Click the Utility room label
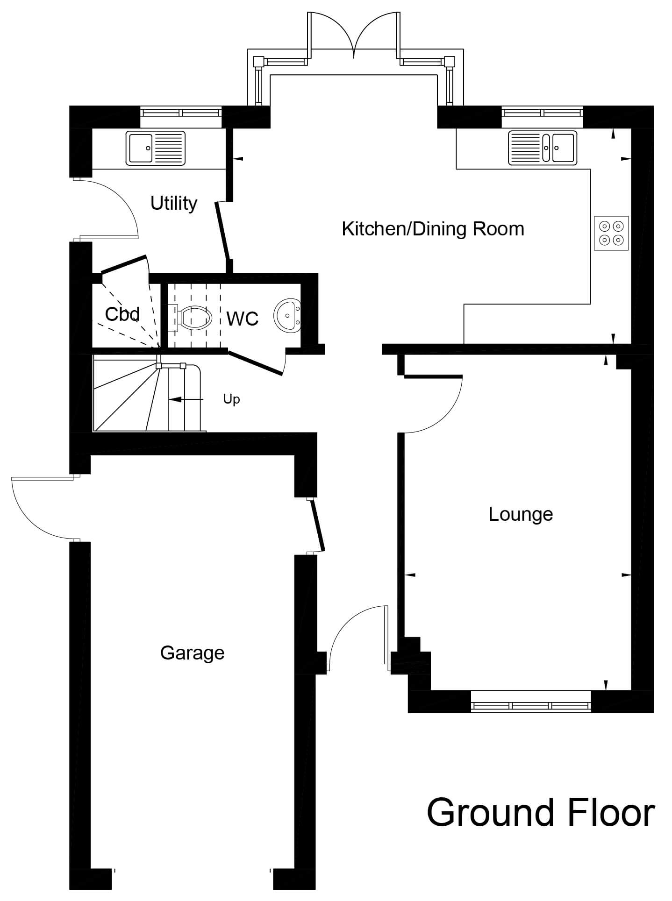[x=174, y=204]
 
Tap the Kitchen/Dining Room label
[x=433, y=229]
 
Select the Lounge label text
[x=521, y=514]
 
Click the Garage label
[x=192, y=653]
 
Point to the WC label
[x=243, y=319]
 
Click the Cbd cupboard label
[x=122, y=314]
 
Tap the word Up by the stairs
[x=231, y=399]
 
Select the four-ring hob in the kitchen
[x=612, y=233]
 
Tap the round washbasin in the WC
[x=287, y=316]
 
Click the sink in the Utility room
[x=155, y=148]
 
